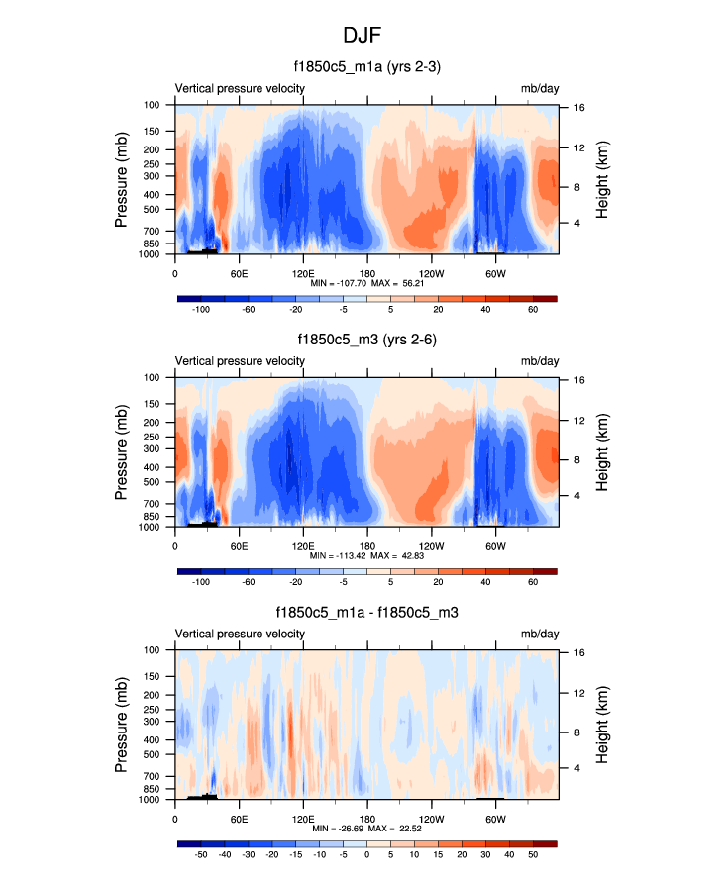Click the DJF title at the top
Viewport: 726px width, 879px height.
(x=363, y=36)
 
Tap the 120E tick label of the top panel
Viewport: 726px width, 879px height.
(x=303, y=273)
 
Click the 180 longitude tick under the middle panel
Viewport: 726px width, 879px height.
(x=367, y=546)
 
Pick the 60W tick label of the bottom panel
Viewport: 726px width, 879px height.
(x=495, y=819)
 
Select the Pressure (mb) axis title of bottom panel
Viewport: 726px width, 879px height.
(x=122, y=726)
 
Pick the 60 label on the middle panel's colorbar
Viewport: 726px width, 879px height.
(x=533, y=583)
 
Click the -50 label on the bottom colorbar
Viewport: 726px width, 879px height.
(x=201, y=855)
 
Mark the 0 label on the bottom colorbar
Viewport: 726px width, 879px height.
(x=367, y=855)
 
